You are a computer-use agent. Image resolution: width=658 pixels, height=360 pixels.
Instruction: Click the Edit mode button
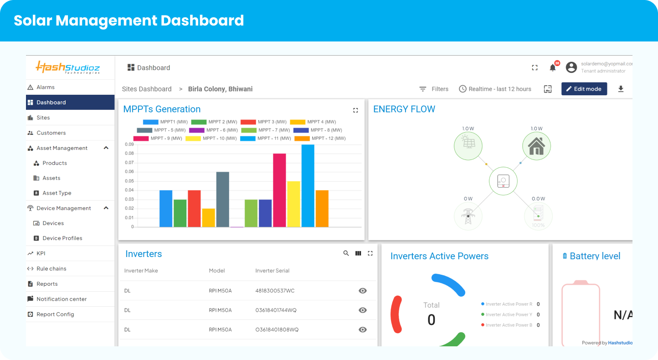(x=584, y=89)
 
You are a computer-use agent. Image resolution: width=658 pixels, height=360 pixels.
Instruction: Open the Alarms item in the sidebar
(x=46, y=87)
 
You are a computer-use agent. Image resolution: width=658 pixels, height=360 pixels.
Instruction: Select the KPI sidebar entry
(x=41, y=253)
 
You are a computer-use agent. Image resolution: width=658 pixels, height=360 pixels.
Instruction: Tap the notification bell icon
(x=552, y=68)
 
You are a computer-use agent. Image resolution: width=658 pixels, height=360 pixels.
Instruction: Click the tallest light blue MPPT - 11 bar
(x=308, y=185)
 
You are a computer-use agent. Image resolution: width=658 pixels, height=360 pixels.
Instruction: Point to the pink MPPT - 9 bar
(x=279, y=190)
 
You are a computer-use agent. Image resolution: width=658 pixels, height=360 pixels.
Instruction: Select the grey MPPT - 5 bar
(x=222, y=199)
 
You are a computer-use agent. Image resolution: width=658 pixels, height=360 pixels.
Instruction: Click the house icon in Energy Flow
(x=536, y=146)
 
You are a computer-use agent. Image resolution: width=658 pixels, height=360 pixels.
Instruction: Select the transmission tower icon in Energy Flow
(x=468, y=216)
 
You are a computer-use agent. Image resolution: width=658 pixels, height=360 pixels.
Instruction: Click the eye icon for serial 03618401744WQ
(x=363, y=310)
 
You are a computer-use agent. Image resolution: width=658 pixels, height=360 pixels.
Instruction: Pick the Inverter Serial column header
(x=272, y=271)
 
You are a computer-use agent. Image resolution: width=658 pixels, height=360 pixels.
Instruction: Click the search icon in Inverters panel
(x=346, y=253)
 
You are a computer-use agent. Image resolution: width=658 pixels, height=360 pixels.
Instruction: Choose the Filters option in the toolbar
(x=434, y=89)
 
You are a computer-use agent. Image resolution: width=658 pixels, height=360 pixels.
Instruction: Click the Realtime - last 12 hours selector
(x=495, y=89)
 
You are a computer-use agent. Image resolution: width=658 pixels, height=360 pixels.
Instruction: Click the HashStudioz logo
(x=68, y=67)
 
